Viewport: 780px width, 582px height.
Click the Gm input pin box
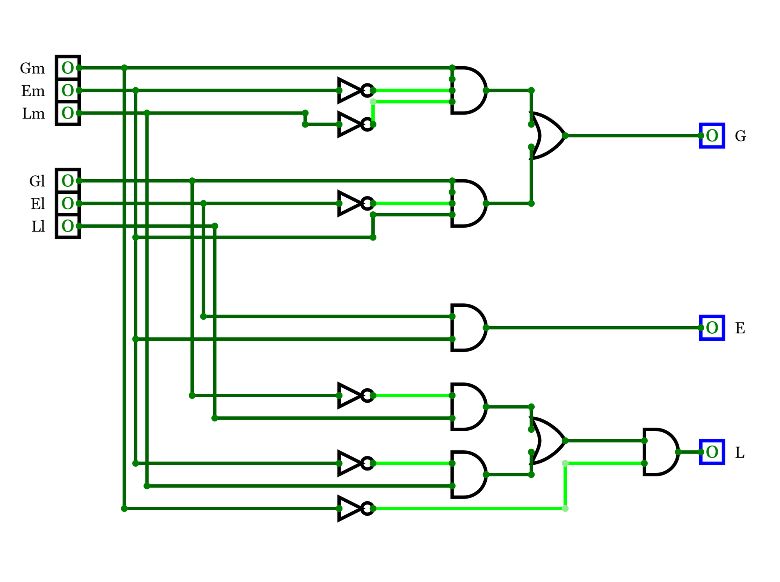click(68, 68)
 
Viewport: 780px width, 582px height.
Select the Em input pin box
click(68, 91)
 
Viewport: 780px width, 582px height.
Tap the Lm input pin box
click(68, 113)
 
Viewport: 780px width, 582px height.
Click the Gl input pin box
click(68, 181)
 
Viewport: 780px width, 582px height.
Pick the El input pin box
click(68, 203)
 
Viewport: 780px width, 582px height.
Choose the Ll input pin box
click(68, 226)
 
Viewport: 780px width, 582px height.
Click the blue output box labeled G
click(712, 136)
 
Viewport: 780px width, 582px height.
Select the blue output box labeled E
click(712, 328)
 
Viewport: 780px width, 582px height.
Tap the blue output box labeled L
click(712, 452)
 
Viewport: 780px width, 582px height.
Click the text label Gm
click(32, 69)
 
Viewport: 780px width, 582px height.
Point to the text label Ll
click(38, 226)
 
